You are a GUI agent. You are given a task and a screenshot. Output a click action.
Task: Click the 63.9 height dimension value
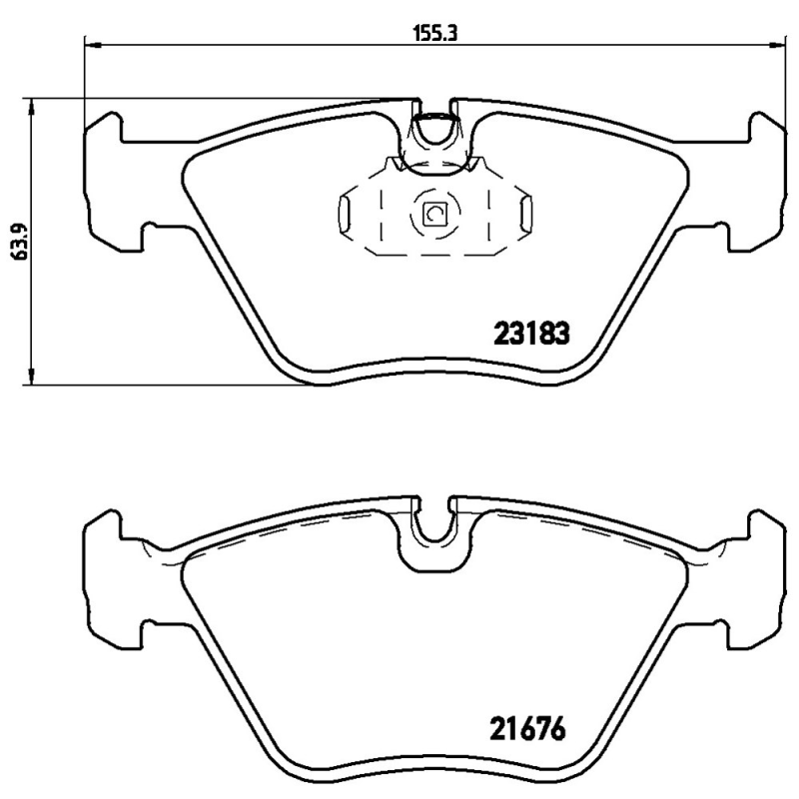[17, 241]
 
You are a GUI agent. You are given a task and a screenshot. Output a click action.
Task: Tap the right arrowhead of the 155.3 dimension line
[777, 43]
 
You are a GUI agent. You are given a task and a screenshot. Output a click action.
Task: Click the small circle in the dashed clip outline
[434, 213]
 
